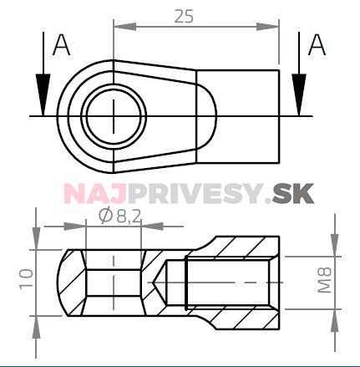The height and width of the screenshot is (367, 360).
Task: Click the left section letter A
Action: click(60, 46)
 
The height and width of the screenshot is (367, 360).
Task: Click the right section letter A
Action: click(317, 46)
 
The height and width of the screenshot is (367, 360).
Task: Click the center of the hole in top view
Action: click(112, 115)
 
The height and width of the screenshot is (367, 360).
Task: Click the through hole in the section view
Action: click(114, 283)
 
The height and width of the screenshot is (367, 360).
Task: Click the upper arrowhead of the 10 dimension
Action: click(36, 242)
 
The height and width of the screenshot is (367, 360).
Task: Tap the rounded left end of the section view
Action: click(65, 283)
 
